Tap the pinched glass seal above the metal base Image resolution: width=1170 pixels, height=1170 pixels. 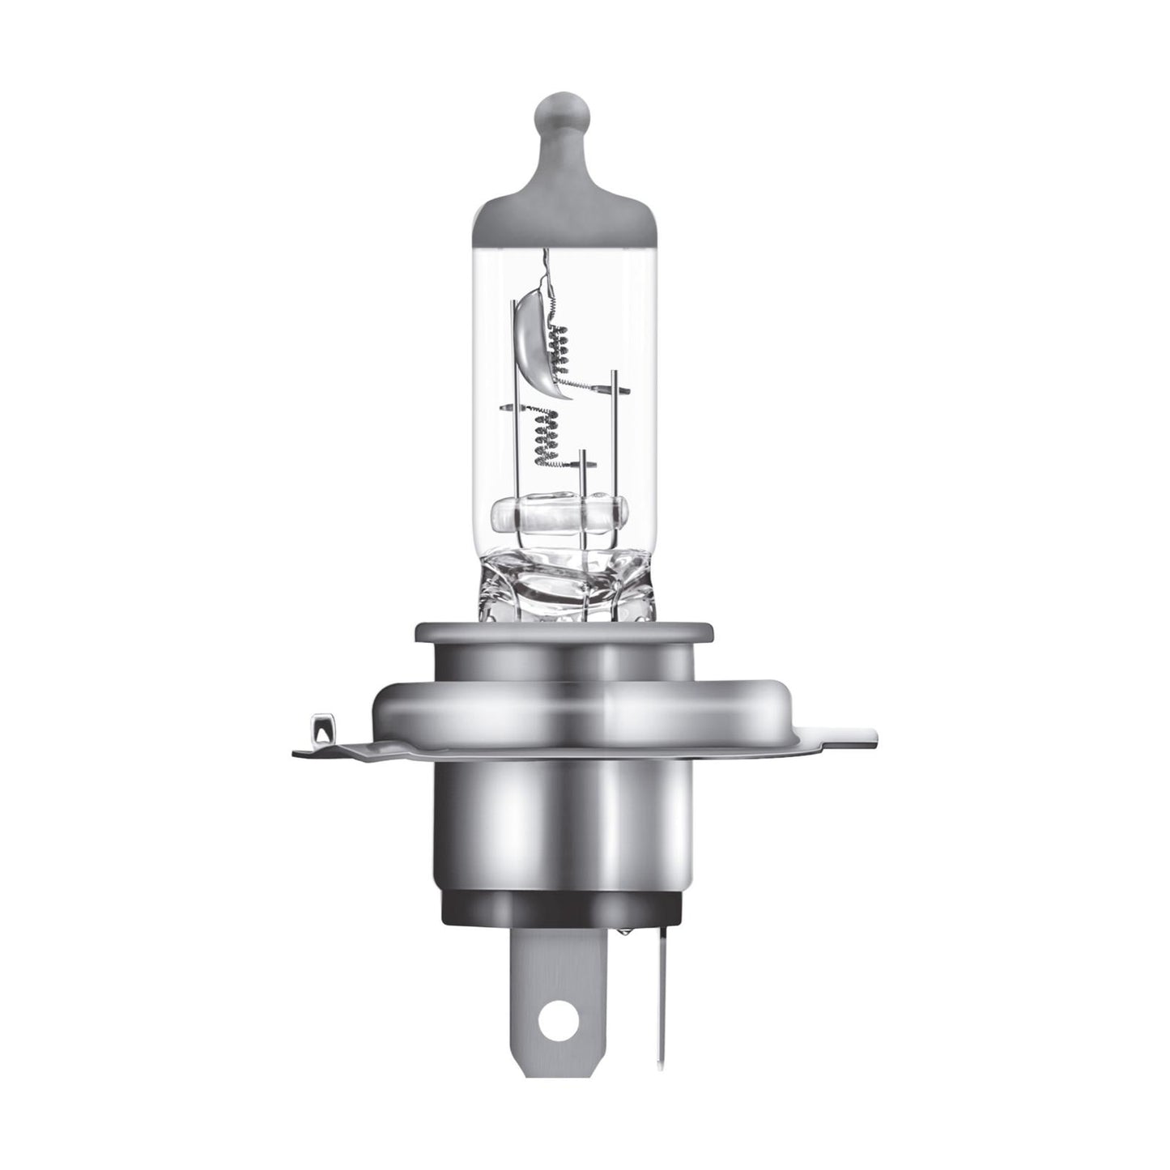pos(558,583)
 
